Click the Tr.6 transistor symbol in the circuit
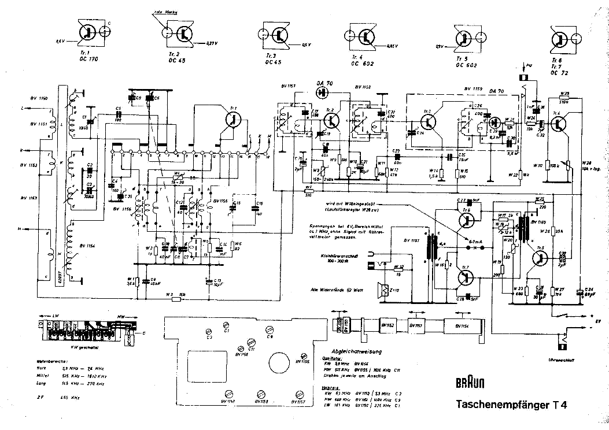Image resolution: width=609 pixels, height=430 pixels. point(559,123)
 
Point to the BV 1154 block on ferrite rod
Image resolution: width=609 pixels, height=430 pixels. point(462,326)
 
